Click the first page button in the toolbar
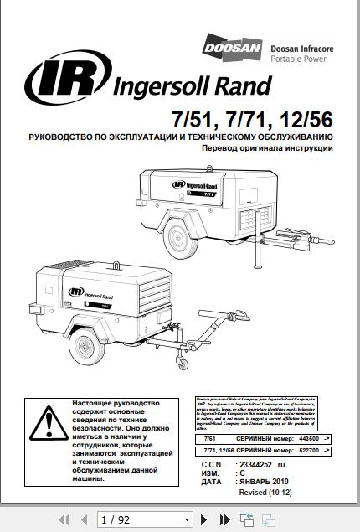pos(64,519)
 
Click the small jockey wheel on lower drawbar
pos(179,361)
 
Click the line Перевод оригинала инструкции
pos(262,147)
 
